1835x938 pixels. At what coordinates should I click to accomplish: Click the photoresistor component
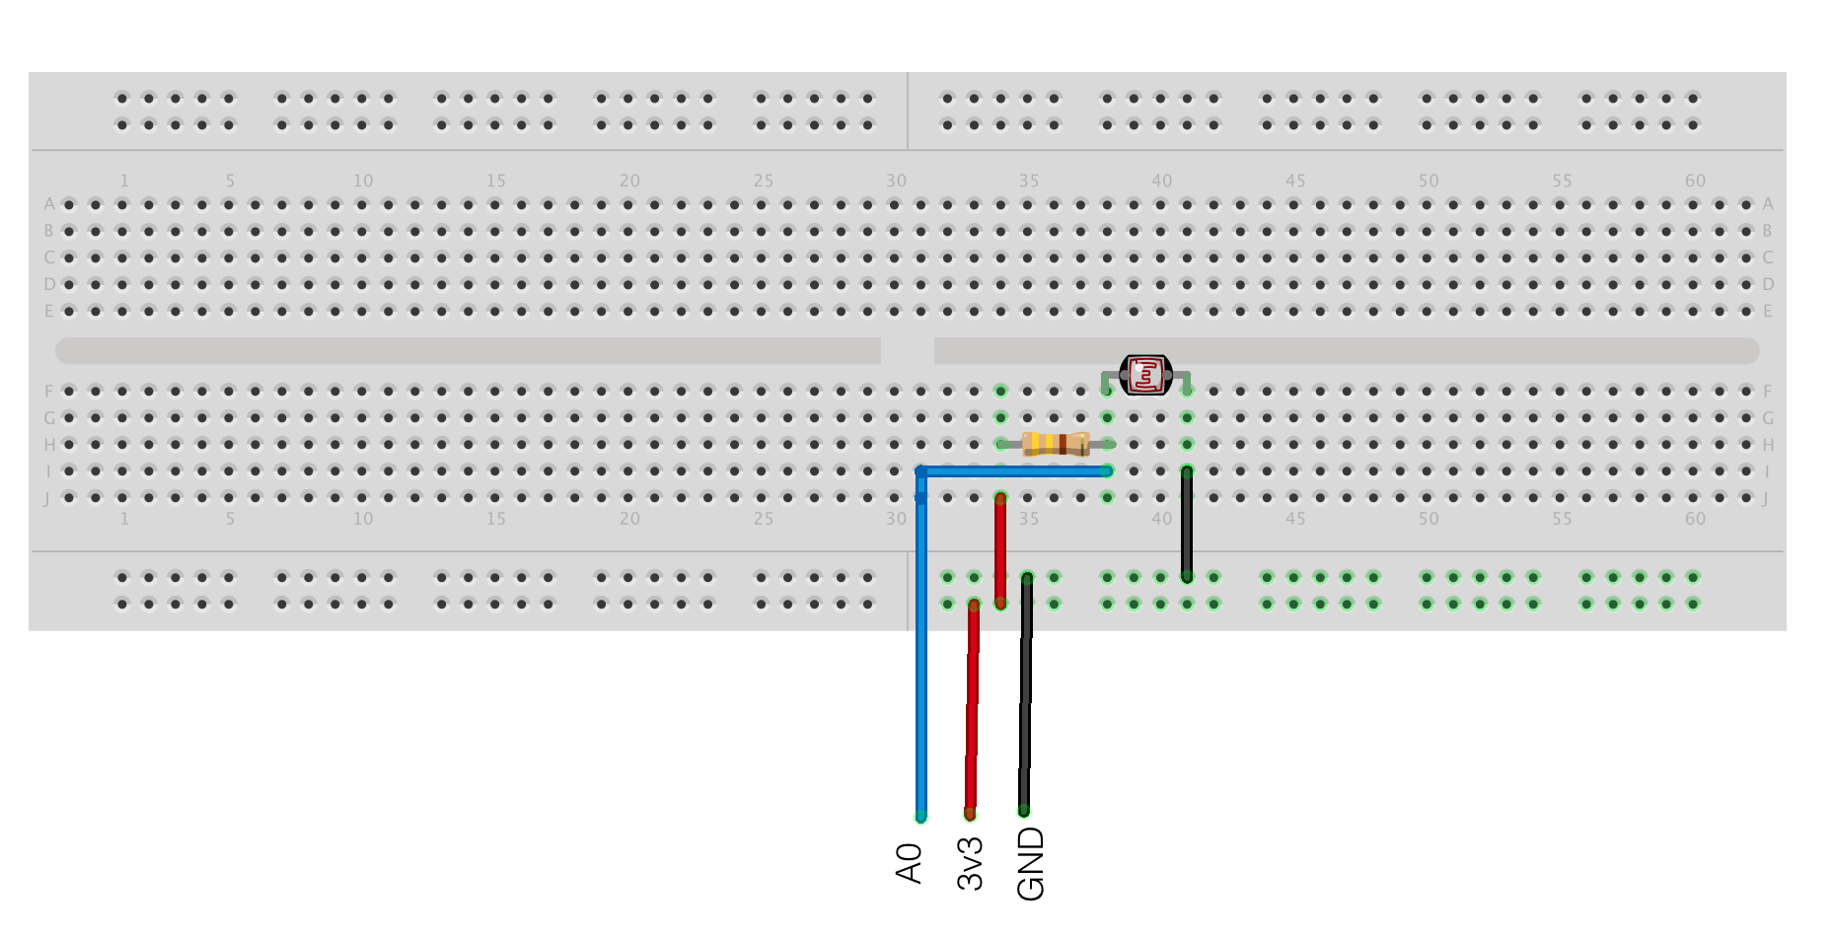[x=1145, y=375]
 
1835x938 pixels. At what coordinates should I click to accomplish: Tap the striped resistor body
[x=1055, y=444]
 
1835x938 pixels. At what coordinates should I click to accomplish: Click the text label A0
[x=909, y=863]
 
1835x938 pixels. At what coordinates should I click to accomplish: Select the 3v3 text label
[x=971, y=863]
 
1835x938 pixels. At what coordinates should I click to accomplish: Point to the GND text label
[x=1030, y=863]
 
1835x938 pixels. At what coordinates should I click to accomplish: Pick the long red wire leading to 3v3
[x=972, y=710]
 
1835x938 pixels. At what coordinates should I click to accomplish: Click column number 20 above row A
[x=629, y=180]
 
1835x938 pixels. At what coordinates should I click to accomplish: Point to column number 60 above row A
[x=1695, y=180]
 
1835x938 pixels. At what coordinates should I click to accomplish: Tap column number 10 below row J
[x=363, y=519]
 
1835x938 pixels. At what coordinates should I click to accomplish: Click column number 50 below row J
[x=1429, y=519]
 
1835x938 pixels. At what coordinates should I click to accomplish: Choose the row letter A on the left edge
[x=48, y=204]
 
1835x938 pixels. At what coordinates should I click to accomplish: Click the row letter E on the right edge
[x=1768, y=311]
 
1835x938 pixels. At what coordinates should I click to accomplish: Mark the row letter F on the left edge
[x=48, y=392]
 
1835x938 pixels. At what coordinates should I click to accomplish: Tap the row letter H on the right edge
[x=1768, y=445]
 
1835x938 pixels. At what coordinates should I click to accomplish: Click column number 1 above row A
[x=124, y=180]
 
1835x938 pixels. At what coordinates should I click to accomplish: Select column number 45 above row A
[x=1295, y=180]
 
